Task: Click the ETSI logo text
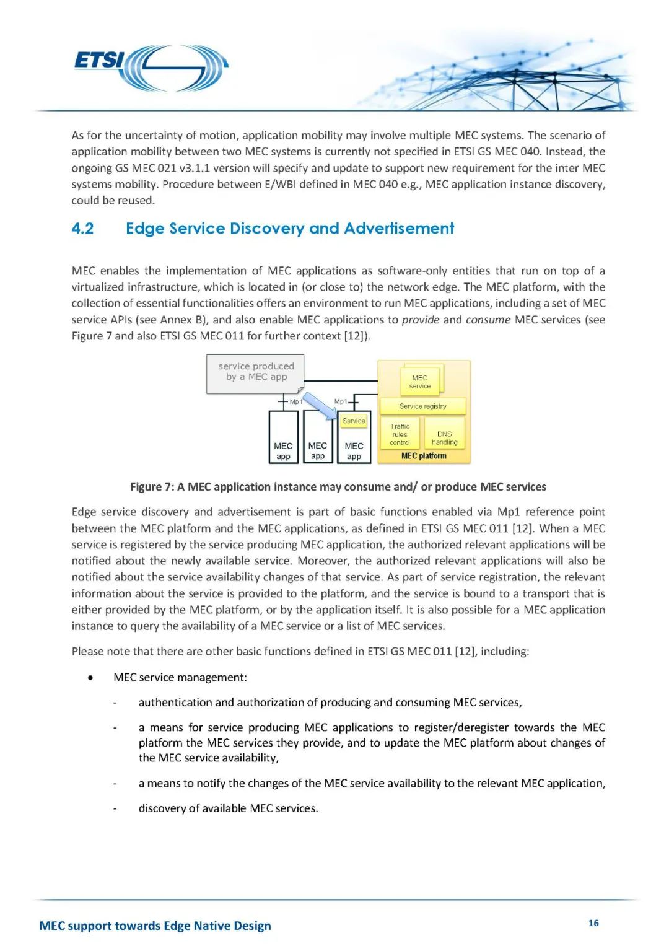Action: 99,60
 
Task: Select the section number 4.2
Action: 82,229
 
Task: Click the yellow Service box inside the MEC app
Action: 354,421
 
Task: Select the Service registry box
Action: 422,406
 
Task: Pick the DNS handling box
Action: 444,438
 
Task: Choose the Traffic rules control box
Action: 400,434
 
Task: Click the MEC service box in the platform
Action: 419,382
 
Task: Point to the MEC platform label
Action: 424,456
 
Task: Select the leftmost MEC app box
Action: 283,437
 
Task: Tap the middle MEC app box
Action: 318,437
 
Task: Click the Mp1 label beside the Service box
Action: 340,401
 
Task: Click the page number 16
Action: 593,923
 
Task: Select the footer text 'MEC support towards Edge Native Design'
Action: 155,926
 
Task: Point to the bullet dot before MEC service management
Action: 91,678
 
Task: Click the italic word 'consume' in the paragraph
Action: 488,320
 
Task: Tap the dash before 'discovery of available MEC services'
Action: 115,808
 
